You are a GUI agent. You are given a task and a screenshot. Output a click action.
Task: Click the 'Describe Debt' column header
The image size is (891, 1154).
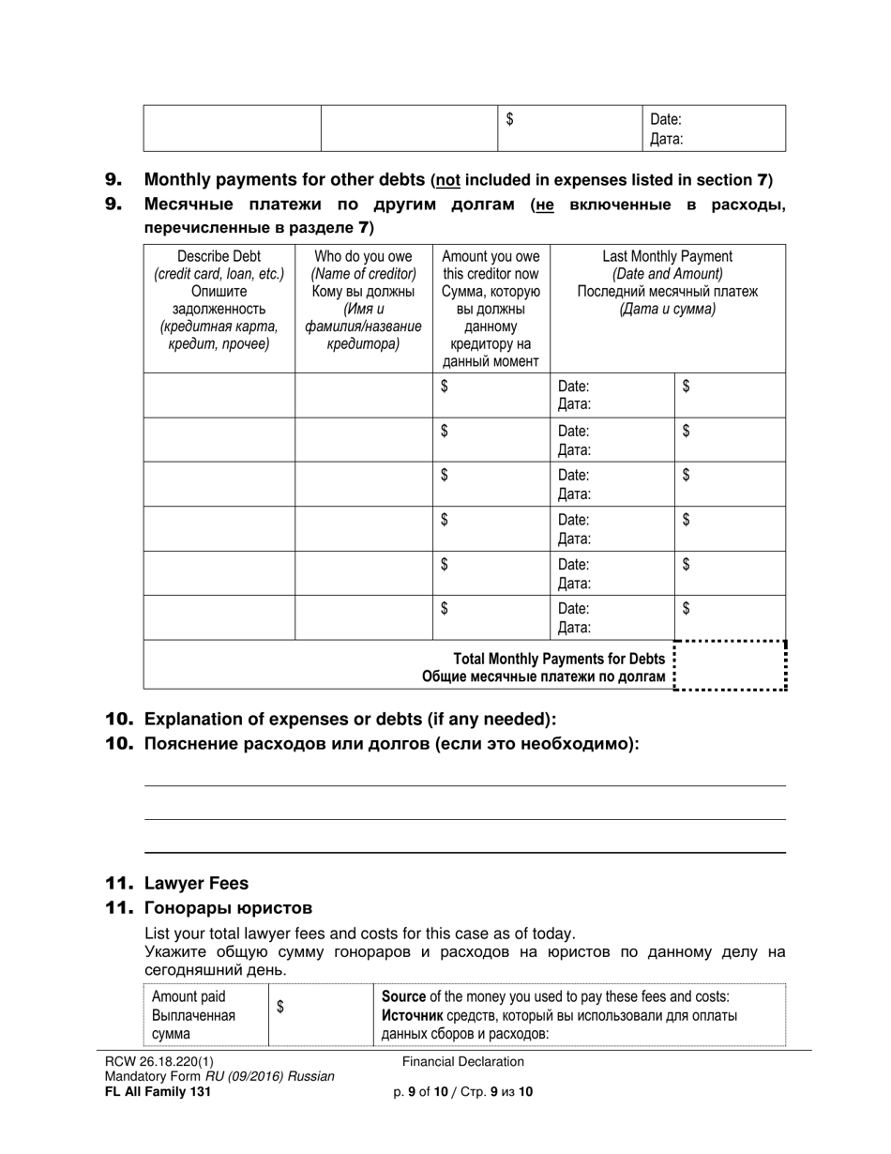pyautogui.click(x=219, y=256)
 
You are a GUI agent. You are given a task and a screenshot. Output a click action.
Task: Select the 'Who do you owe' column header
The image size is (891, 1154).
pyautogui.click(x=363, y=256)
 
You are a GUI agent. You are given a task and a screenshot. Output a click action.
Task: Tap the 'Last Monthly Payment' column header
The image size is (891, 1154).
pyautogui.click(x=667, y=256)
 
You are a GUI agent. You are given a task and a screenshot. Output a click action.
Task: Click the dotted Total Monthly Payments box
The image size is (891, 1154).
pyautogui.click(x=730, y=666)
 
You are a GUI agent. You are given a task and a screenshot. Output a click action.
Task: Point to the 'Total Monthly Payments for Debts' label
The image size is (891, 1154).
pyautogui.click(x=559, y=659)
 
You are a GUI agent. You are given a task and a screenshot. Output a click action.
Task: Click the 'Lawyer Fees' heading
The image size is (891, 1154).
pyautogui.click(x=196, y=883)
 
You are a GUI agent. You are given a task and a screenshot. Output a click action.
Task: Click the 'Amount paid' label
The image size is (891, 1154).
pyautogui.click(x=189, y=996)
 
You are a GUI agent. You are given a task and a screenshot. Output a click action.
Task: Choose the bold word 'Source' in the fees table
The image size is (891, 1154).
pyautogui.click(x=403, y=996)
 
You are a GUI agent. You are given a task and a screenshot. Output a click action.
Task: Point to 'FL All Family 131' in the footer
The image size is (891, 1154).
pyautogui.click(x=158, y=1092)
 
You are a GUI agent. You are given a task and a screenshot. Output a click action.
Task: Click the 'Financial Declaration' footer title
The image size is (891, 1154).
pyautogui.click(x=463, y=1062)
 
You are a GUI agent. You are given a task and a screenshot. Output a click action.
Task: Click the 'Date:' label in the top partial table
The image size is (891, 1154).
pyautogui.click(x=665, y=119)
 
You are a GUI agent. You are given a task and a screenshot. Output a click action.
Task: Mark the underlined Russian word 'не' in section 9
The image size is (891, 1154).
pyautogui.click(x=543, y=205)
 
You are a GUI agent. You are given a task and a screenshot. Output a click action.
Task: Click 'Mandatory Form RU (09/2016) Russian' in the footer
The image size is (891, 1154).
pyautogui.click(x=219, y=1077)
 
